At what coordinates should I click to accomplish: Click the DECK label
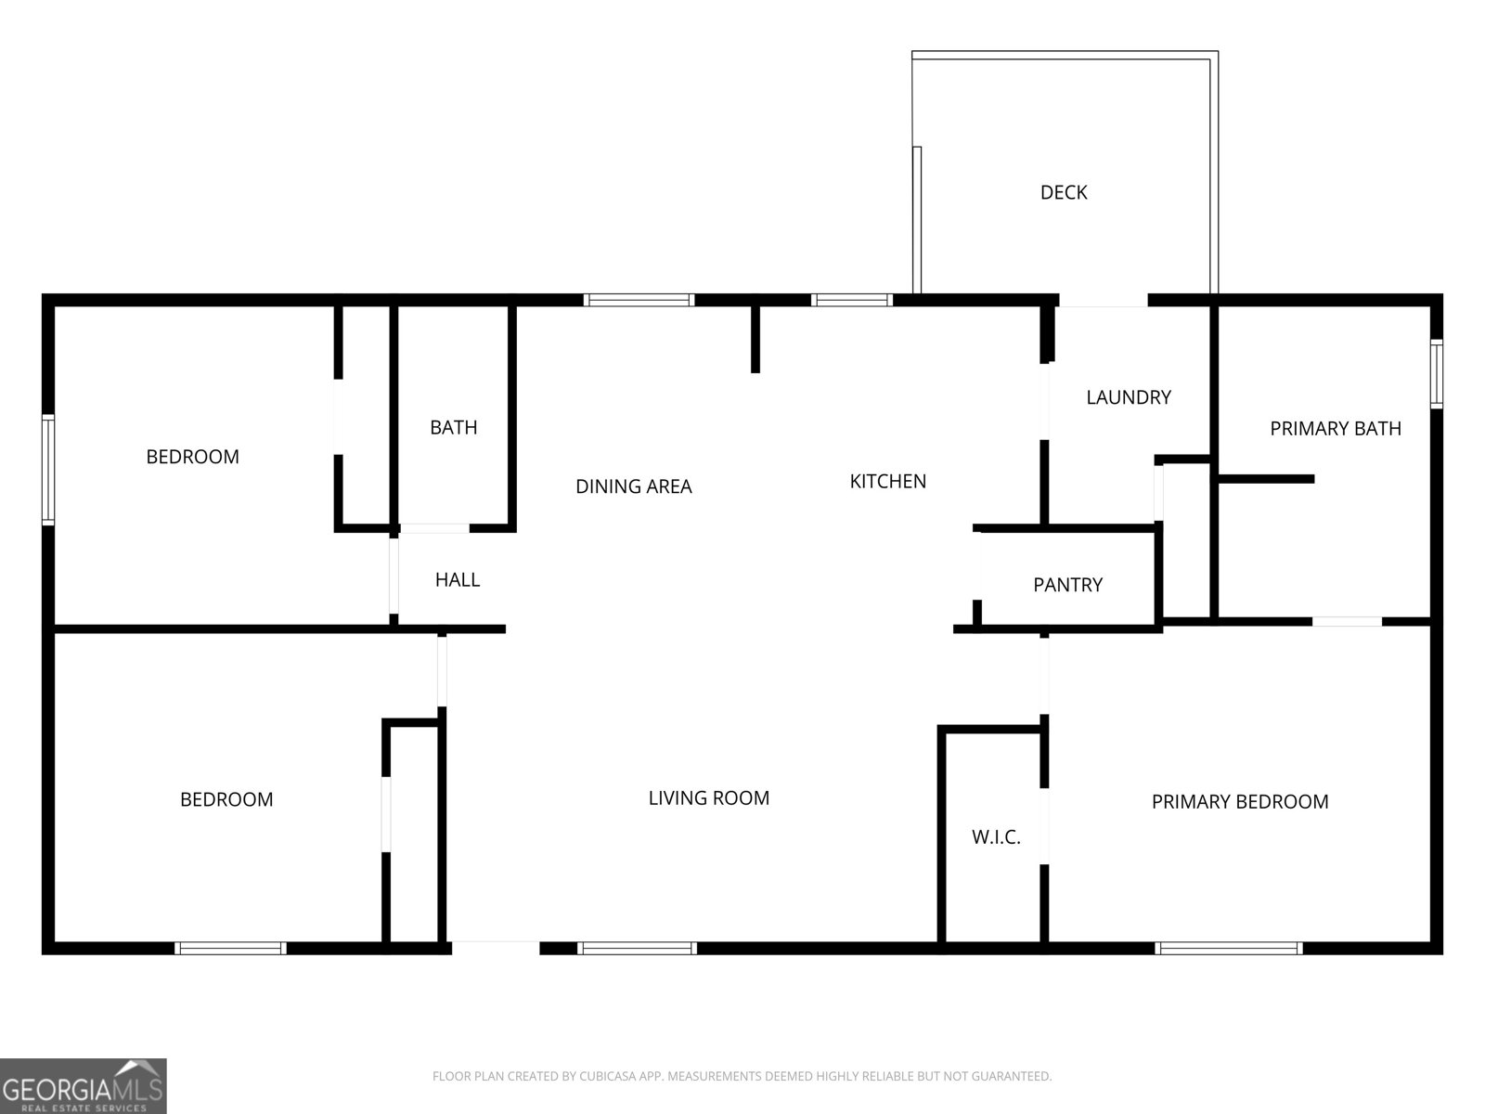pyautogui.click(x=1063, y=192)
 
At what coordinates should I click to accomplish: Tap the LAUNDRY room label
pyautogui.click(x=1128, y=397)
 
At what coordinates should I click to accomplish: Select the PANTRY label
pyautogui.click(x=1067, y=585)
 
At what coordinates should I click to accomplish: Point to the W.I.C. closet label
pyautogui.click(x=996, y=837)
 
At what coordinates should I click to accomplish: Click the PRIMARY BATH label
pyautogui.click(x=1335, y=428)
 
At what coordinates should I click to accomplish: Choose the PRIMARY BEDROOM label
pyautogui.click(x=1239, y=801)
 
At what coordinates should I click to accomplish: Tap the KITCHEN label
pyautogui.click(x=887, y=481)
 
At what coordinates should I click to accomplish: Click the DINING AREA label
pyautogui.click(x=633, y=486)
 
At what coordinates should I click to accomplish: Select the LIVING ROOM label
pyautogui.click(x=708, y=797)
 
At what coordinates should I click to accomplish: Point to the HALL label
pyautogui.click(x=457, y=580)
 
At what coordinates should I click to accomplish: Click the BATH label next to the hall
pyautogui.click(x=453, y=427)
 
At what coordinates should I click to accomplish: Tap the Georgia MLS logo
pyautogui.click(x=83, y=1086)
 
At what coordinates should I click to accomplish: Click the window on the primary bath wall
pyautogui.click(x=1436, y=374)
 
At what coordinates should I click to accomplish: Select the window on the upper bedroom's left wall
pyautogui.click(x=48, y=470)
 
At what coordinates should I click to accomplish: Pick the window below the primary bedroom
pyautogui.click(x=1228, y=948)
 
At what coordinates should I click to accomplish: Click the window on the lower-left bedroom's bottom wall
pyautogui.click(x=230, y=948)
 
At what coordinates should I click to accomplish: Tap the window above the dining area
pyautogui.click(x=639, y=300)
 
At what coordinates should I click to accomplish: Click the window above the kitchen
pyautogui.click(x=851, y=300)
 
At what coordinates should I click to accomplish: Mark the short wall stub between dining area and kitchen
pyautogui.click(x=755, y=339)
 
